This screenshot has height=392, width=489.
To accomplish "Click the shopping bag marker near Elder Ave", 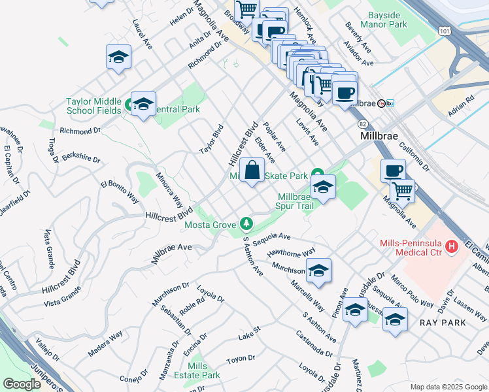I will coord(252,172).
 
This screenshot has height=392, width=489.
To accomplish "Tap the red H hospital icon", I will coord(450,248).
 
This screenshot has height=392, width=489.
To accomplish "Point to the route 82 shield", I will coord(362,123).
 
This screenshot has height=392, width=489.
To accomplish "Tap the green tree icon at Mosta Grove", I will coord(246,224).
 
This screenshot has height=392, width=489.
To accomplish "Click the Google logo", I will coord(22,384).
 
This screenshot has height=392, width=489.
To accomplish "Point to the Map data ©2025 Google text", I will coord(447,387).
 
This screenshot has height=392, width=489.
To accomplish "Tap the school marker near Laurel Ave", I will coord(118,57).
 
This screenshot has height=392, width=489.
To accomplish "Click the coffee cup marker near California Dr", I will coord(392,172).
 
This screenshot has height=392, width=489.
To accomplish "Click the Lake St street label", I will coord(249,336).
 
